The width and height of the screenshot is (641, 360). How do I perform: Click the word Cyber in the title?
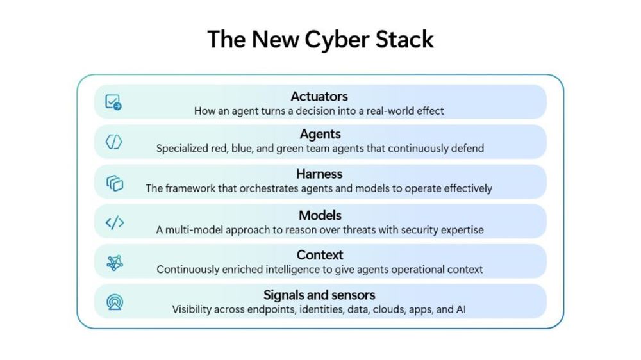[337, 40]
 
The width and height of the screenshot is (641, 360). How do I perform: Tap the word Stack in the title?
[404, 39]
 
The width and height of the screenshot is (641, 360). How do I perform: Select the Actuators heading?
[319, 97]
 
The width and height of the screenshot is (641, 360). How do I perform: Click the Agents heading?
[320, 135]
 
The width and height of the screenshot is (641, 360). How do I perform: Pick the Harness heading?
[319, 174]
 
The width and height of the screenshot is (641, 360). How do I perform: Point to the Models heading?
[320, 215]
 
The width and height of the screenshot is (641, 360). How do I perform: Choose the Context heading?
[320, 255]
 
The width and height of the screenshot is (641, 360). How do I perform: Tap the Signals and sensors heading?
[319, 295]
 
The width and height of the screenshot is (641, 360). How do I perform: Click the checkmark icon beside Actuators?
[113, 102]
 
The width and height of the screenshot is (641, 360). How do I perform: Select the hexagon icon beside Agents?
[113, 142]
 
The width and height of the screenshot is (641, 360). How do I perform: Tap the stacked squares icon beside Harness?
[115, 183]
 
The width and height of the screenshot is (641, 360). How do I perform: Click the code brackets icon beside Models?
[115, 223]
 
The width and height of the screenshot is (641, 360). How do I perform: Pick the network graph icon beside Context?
[115, 263]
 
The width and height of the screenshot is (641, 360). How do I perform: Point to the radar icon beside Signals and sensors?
[115, 302]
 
